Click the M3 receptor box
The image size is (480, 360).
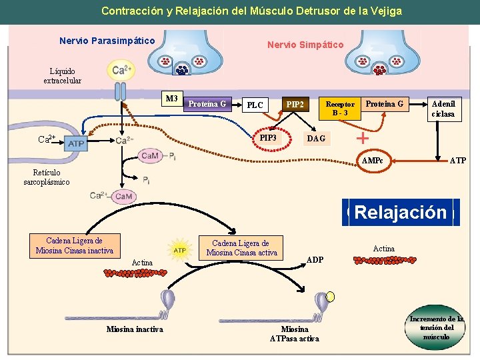click(x=172, y=99)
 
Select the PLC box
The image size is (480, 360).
click(x=255, y=105)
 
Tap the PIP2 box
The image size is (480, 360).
click(x=295, y=105)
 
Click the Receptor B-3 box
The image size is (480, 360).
click(x=339, y=109)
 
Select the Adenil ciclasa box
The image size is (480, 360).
click(x=443, y=109)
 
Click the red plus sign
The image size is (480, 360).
click(x=362, y=138)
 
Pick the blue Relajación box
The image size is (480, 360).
click(x=400, y=213)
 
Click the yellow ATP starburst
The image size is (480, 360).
click(x=179, y=250)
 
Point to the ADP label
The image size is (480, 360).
click(x=315, y=259)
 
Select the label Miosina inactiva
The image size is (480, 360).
click(x=135, y=329)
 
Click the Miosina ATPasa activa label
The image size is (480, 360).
click(x=294, y=334)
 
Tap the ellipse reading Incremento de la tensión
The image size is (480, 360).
click(x=437, y=327)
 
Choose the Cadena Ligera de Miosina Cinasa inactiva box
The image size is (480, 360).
click(x=74, y=245)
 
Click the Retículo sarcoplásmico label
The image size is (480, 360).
click(x=46, y=177)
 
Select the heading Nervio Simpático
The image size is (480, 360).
click(x=305, y=45)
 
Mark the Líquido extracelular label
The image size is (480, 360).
click(x=62, y=76)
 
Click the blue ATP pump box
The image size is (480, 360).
click(x=76, y=143)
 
